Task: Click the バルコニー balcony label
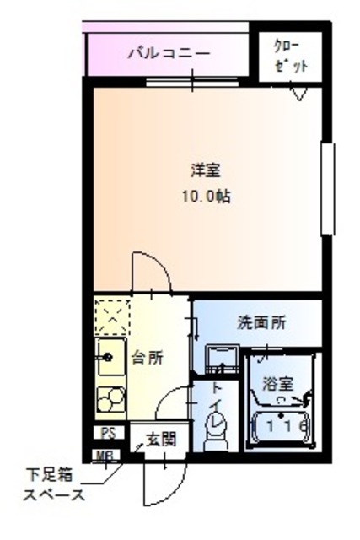pyautogui.click(x=168, y=54)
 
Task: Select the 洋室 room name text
pyautogui.click(x=205, y=170)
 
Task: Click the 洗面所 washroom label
pyautogui.click(x=261, y=321)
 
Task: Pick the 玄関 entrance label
pyautogui.click(x=160, y=439)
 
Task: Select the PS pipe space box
pyautogui.click(x=107, y=434)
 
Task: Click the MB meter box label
pyautogui.click(x=106, y=456)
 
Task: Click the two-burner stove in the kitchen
pyautogui.click(x=110, y=397)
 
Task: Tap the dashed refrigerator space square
pyautogui.click(x=110, y=316)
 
